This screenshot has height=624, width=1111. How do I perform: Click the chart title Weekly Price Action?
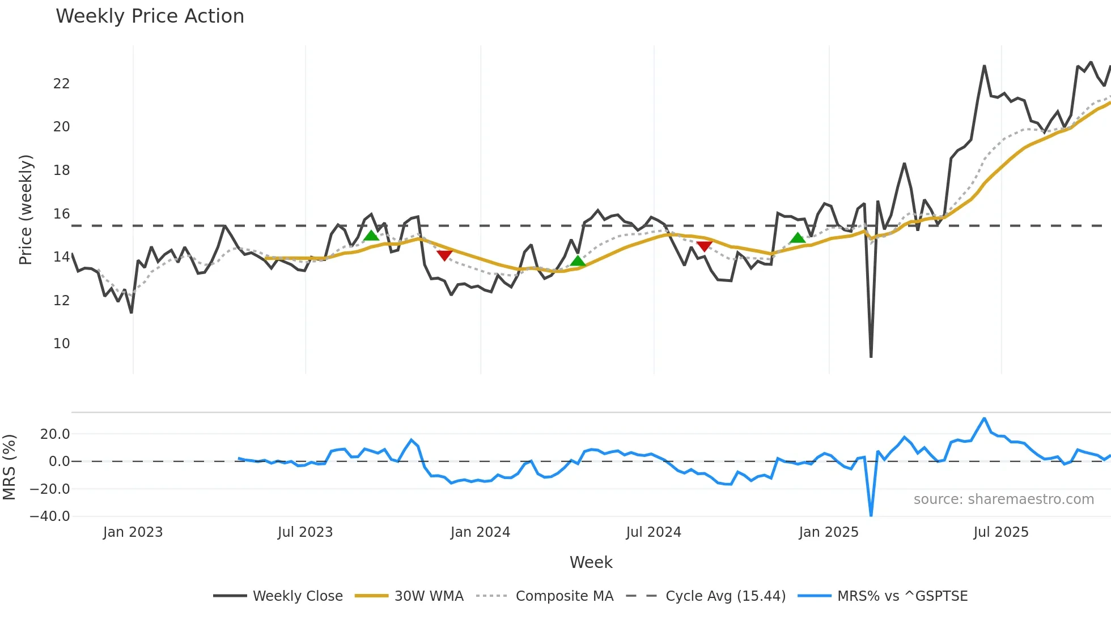pyautogui.click(x=150, y=16)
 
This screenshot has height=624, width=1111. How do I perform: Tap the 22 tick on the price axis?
pyautogui.click(x=61, y=84)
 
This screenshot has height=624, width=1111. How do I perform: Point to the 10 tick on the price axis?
pyautogui.click(x=61, y=344)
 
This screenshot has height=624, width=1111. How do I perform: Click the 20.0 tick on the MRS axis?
pyautogui.click(x=55, y=434)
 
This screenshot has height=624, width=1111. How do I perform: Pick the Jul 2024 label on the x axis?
pyautogui.click(x=653, y=532)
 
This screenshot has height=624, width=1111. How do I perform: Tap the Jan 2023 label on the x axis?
pyautogui.click(x=133, y=532)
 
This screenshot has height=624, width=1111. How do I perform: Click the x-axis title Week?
pyautogui.click(x=591, y=562)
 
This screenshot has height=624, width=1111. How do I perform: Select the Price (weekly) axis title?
pyautogui.click(x=26, y=210)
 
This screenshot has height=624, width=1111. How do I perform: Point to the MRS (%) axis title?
pyautogui.click(x=9, y=467)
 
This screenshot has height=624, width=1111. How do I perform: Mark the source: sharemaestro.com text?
pyautogui.click(x=1003, y=499)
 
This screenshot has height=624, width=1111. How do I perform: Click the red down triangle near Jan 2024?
pyautogui.click(x=444, y=256)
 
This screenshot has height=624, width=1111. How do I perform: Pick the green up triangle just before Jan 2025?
pyautogui.click(x=798, y=238)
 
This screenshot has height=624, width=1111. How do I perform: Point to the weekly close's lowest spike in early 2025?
pyautogui.click(x=871, y=356)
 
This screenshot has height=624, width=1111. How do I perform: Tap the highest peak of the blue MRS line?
pyautogui.click(x=984, y=419)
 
